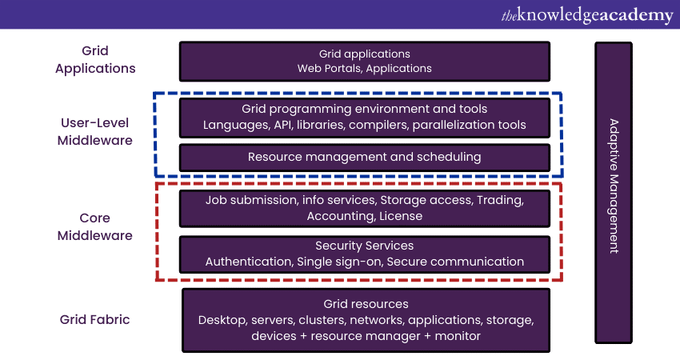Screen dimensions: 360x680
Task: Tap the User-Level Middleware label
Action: coord(96,131)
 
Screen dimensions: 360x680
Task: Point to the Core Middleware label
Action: coord(95,226)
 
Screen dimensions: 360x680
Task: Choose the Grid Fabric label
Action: coord(94,320)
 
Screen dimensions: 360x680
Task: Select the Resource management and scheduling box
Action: coord(365,157)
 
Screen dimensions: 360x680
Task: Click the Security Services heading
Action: coord(365,246)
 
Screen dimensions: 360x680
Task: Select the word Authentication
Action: coord(249,262)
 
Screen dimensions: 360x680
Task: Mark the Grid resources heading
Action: coord(366,304)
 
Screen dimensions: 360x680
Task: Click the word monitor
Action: coord(458,336)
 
